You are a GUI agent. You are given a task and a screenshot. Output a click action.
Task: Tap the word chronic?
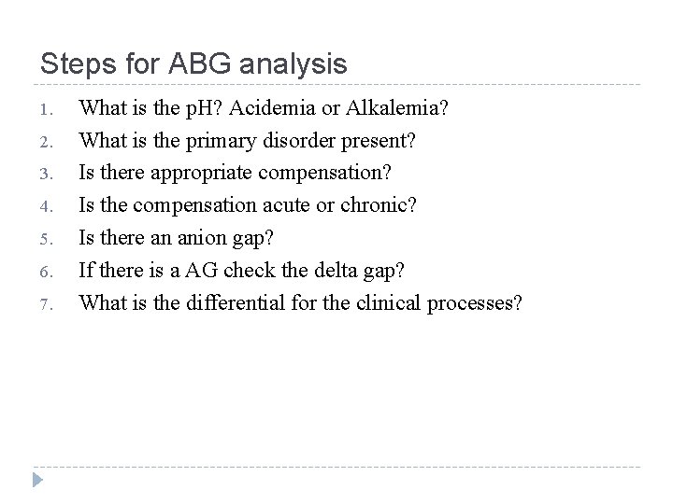(382, 203)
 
